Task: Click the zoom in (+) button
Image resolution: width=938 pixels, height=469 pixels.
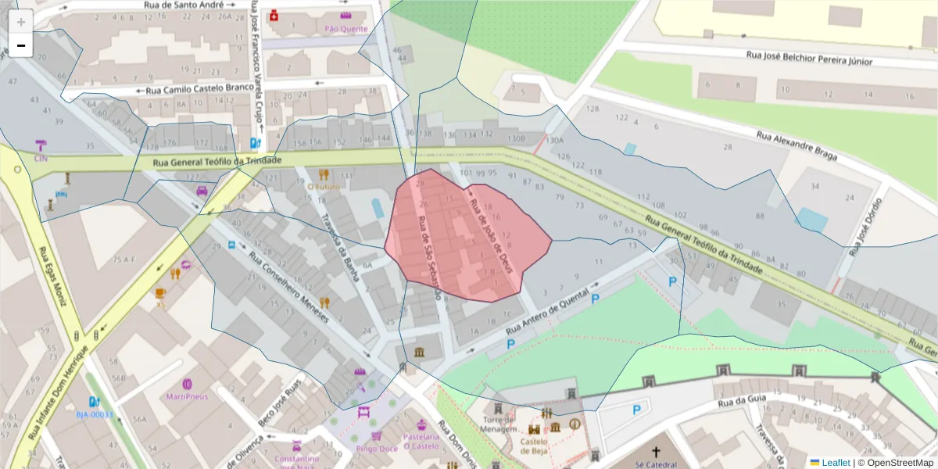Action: point(20,22)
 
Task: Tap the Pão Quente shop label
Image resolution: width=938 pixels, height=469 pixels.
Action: point(345,29)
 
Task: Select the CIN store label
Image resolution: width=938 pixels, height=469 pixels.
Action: point(41,158)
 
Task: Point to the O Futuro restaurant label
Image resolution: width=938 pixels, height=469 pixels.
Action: point(323,187)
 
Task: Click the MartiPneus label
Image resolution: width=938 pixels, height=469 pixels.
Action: point(187,396)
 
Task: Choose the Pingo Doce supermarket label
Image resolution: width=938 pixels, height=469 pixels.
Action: point(377,449)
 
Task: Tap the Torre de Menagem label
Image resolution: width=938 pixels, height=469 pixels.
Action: point(499,423)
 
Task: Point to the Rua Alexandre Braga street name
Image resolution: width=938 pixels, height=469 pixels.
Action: point(796,146)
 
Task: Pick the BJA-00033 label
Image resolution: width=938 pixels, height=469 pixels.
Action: point(95,414)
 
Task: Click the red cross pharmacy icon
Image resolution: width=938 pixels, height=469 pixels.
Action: point(274,16)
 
